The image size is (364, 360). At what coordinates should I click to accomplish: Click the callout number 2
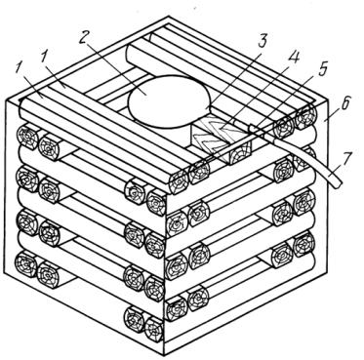83,39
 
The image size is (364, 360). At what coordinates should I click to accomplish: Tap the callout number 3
263,40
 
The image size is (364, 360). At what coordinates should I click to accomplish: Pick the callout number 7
348,159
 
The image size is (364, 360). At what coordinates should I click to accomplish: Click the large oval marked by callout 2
169,101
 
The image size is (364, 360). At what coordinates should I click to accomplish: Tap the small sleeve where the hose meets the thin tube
254,130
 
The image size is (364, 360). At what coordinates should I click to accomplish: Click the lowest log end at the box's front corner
154,329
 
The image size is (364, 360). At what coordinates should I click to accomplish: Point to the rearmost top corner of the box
169,17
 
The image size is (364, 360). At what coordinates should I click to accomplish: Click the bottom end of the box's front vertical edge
164,355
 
